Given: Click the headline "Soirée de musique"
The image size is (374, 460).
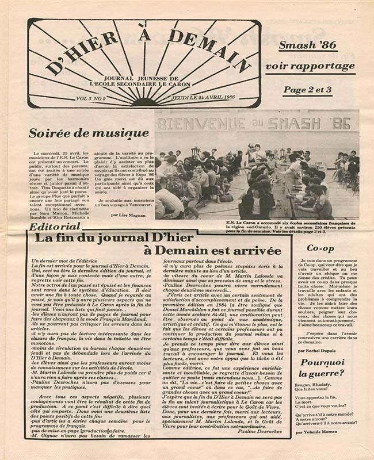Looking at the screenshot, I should tap(89, 134).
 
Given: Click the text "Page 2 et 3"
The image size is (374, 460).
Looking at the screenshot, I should tap(307, 90).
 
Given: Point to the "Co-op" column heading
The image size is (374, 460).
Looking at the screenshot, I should tap(320, 248).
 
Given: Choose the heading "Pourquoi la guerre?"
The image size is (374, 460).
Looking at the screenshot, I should tap(322, 369).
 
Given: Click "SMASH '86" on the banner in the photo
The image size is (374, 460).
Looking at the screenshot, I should tap(316, 122).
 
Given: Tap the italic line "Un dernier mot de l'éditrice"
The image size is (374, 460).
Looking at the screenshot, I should tap(63, 262).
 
